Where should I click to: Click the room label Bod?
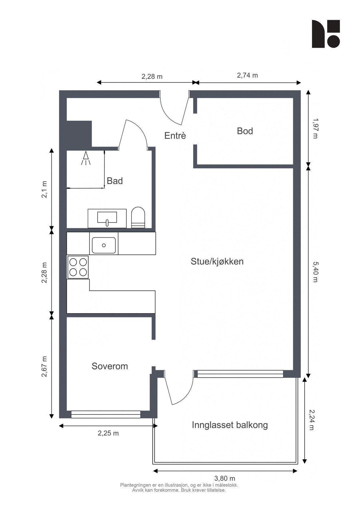click(x=245, y=131)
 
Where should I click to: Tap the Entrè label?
click(x=175, y=136)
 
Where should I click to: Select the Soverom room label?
click(x=110, y=366)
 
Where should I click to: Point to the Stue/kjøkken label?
click(x=217, y=261)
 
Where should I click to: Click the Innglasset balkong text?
click(x=230, y=425)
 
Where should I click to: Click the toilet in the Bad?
click(x=138, y=217)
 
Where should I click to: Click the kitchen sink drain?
click(x=104, y=245)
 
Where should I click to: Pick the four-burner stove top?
click(x=78, y=267)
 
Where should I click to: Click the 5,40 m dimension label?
click(x=315, y=272)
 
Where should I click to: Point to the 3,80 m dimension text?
click(x=225, y=478)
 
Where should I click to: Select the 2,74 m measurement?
click(x=247, y=75)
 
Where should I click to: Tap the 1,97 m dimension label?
click(x=315, y=128)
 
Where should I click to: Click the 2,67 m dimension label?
click(x=44, y=366)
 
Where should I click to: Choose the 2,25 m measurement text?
click(x=108, y=433)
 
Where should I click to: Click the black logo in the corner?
click(x=325, y=34)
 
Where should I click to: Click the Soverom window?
click(x=105, y=414)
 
